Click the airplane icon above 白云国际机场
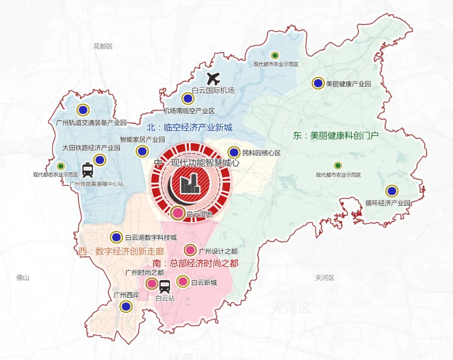point(214,78)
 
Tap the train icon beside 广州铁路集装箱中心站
point(88,170)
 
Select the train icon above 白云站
point(164,287)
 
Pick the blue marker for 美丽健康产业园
point(318,83)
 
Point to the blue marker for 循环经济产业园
point(392,191)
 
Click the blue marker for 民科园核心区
point(234,153)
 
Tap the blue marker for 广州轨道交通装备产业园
point(83,110)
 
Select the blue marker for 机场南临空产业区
point(187,99)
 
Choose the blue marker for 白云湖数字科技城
point(116,237)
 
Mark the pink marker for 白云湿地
point(178,213)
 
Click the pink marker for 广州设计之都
point(190,250)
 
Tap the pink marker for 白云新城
point(183,282)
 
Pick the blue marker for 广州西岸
point(125,307)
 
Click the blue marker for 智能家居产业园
point(142,151)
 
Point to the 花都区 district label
point(103,46)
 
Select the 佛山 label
point(23,277)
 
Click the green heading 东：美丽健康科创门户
point(336,136)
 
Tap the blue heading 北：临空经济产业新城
point(189,127)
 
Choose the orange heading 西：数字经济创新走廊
point(121,251)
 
